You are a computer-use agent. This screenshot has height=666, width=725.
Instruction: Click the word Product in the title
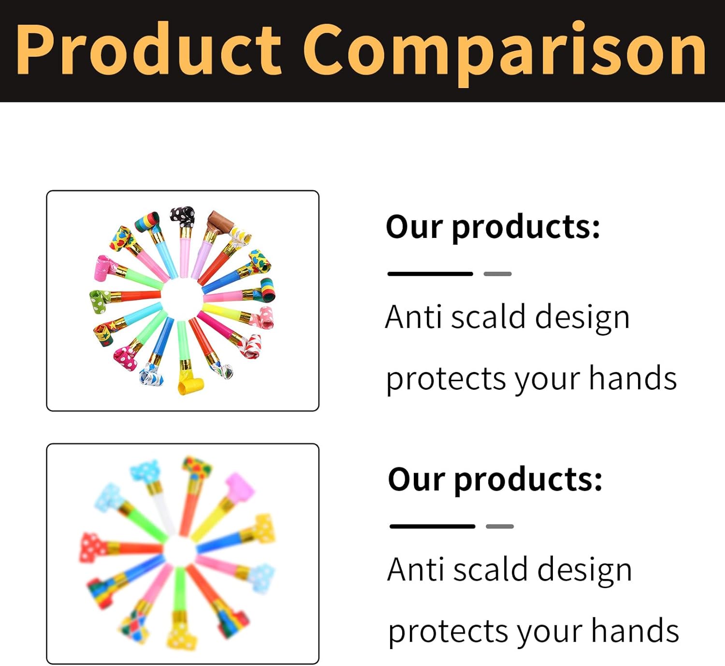point(149,49)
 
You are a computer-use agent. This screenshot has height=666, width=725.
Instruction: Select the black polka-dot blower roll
point(183,216)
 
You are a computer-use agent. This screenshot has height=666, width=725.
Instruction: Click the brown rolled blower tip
point(220,221)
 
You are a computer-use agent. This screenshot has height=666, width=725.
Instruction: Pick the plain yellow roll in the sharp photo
point(190,385)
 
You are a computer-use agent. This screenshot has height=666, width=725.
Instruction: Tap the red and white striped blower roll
point(250,345)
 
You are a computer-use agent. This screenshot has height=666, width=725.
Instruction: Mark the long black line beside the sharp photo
point(430,274)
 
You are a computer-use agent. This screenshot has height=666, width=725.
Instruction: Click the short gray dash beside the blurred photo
point(500,526)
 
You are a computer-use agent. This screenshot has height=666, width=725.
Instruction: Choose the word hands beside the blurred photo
point(635,631)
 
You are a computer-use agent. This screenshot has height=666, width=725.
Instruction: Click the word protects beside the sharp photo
point(446,379)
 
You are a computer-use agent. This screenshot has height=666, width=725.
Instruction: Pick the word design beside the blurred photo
point(584,571)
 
